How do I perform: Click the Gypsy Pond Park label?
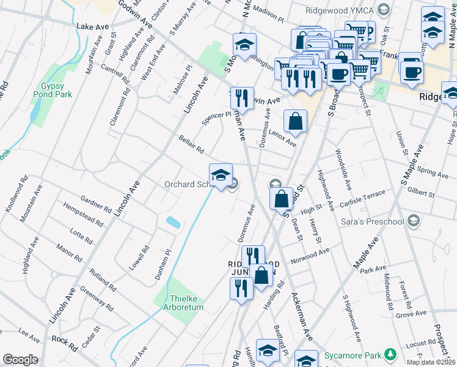point(56,90)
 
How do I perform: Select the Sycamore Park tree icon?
point(389,354)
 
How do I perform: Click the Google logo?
point(20,360)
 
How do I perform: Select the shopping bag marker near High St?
point(280,199)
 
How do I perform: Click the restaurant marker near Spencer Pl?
point(242,98)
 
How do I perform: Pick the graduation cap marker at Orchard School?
point(221,175)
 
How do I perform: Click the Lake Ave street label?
point(92,27)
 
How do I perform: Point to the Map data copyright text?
point(431,361)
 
